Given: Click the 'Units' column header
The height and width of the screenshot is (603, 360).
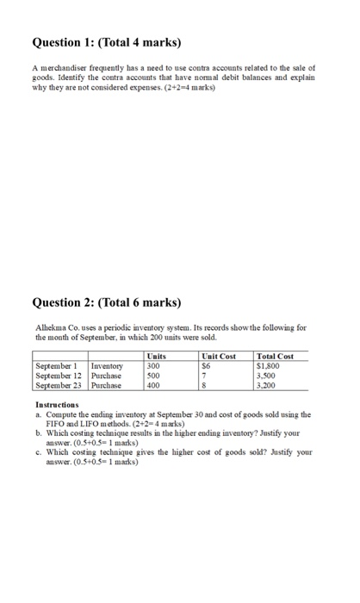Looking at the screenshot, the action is point(156,356).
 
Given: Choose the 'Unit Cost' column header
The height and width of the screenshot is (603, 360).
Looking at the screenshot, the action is point(218,356).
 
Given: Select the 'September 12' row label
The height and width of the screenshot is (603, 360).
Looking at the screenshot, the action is point(59,375).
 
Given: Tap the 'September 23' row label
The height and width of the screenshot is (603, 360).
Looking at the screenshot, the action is point(59,384).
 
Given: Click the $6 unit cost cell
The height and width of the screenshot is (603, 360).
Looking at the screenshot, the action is point(206,365).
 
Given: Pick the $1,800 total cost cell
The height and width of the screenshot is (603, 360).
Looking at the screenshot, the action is point(269,365).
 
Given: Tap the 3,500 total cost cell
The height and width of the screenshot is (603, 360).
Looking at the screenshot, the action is point(268,375).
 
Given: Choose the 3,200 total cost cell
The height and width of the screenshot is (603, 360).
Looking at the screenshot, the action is point(268,384).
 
